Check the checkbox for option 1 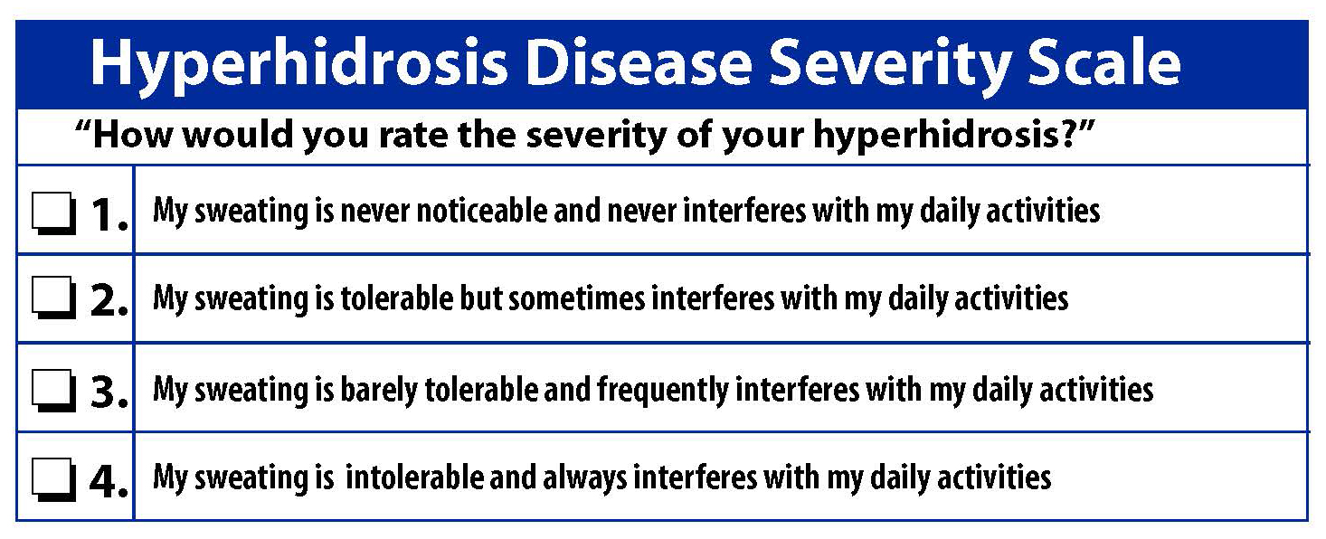[x=54, y=213]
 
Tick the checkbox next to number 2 [x=54, y=298]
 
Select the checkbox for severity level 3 [x=54, y=391]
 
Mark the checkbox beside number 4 [x=54, y=479]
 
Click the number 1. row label [x=109, y=213]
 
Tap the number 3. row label [x=109, y=392]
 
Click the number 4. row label [x=109, y=480]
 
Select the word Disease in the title [x=639, y=61]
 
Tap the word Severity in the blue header [x=888, y=64]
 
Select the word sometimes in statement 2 [x=576, y=298]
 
